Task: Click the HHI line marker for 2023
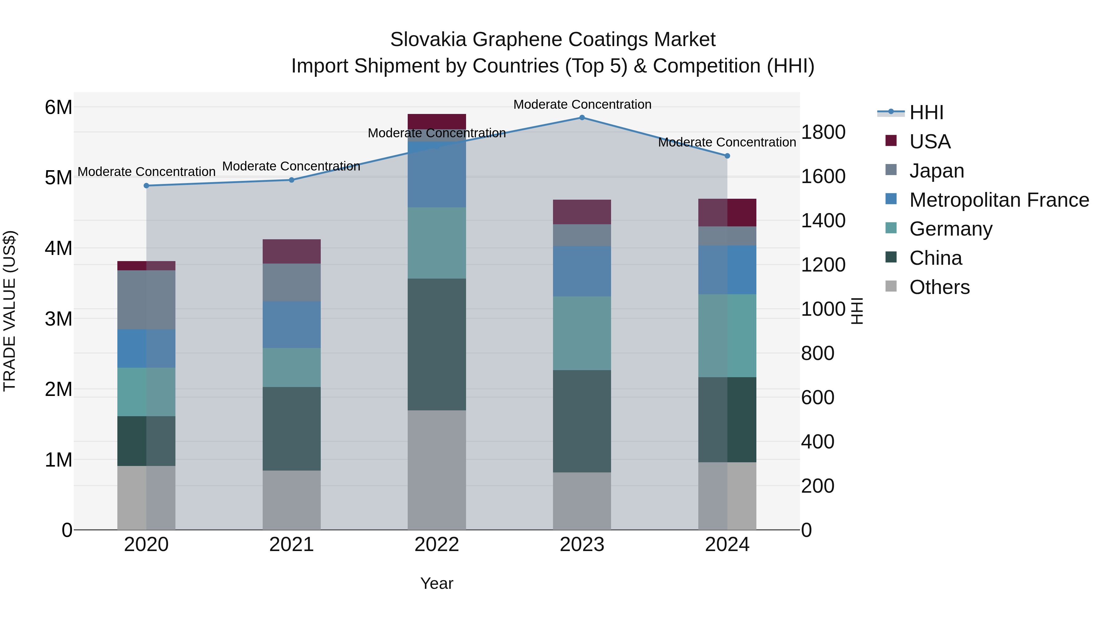click(582, 118)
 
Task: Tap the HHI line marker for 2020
click(147, 186)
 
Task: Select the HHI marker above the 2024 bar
click(727, 156)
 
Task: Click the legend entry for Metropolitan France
click(999, 200)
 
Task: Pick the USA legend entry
click(930, 142)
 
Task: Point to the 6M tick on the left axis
click(58, 107)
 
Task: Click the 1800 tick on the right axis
click(823, 132)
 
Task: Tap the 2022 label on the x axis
click(437, 545)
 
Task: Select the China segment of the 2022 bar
click(437, 344)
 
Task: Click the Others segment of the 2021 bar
click(292, 500)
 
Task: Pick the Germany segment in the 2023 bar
click(582, 333)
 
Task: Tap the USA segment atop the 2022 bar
click(437, 121)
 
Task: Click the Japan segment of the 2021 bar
click(292, 283)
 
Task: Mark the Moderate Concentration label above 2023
click(582, 104)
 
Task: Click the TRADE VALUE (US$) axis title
click(10, 311)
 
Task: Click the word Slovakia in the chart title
click(428, 40)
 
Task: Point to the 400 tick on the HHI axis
click(818, 442)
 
